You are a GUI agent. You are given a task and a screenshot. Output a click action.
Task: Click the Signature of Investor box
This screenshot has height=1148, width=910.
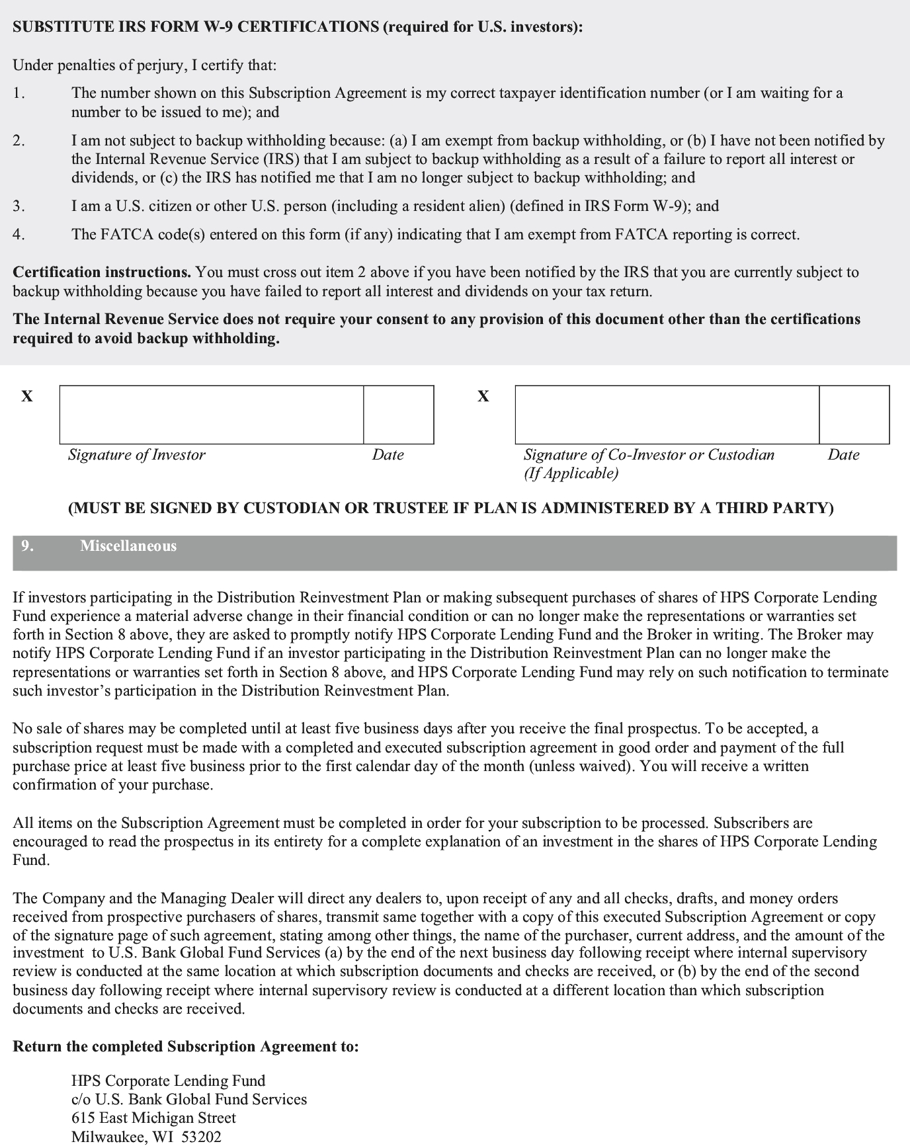(x=212, y=415)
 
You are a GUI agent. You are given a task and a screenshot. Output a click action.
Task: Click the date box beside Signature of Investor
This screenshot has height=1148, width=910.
(x=399, y=415)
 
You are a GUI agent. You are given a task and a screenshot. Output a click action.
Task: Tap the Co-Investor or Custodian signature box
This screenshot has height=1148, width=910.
(x=667, y=415)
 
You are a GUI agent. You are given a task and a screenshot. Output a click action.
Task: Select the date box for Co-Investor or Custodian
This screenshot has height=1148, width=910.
(x=854, y=415)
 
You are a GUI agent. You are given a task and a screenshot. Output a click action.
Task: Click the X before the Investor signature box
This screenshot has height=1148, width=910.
(x=27, y=396)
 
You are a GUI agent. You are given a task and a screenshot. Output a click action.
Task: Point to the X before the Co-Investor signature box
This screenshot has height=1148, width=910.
(x=483, y=396)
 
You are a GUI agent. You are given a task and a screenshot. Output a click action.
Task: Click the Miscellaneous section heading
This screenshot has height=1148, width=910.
(x=128, y=546)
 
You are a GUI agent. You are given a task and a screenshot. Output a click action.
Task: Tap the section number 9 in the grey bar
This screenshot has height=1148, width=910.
(x=27, y=546)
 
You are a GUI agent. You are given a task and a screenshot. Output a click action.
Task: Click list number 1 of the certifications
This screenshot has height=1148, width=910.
(x=19, y=93)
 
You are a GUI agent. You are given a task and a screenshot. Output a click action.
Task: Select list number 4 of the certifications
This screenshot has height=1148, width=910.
(x=19, y=235)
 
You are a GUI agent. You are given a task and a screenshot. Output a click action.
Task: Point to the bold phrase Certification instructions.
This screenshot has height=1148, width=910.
(x=102, y=272)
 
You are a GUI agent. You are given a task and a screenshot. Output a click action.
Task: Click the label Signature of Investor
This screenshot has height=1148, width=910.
(x=137, y=455)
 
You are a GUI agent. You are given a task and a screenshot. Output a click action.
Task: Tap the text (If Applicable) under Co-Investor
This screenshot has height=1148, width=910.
(x=571, y=473)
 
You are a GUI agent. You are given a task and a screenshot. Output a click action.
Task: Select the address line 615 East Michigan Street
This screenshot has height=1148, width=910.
(x=153, y=1118)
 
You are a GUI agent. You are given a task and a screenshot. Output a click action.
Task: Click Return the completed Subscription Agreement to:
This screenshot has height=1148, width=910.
(x=186, y=1047)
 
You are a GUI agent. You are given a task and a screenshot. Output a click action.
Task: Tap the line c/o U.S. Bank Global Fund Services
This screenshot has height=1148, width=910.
(x=189, y=1099)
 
